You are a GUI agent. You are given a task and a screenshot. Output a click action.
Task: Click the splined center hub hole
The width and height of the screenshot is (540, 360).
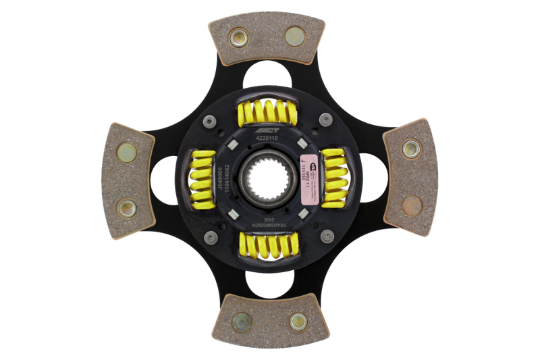269,179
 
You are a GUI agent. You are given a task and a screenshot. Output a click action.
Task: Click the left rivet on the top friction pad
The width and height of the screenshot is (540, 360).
240,38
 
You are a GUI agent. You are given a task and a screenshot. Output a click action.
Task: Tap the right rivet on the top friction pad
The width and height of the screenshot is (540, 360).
295,36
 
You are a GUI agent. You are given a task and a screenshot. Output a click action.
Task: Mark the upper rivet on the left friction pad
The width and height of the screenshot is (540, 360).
126,152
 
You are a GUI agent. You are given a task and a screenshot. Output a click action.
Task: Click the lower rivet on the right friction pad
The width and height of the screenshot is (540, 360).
412,205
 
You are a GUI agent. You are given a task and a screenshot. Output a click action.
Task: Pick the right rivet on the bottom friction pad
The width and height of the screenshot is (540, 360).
298,322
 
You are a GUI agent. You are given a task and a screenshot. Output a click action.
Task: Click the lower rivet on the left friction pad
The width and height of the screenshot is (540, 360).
126,208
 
